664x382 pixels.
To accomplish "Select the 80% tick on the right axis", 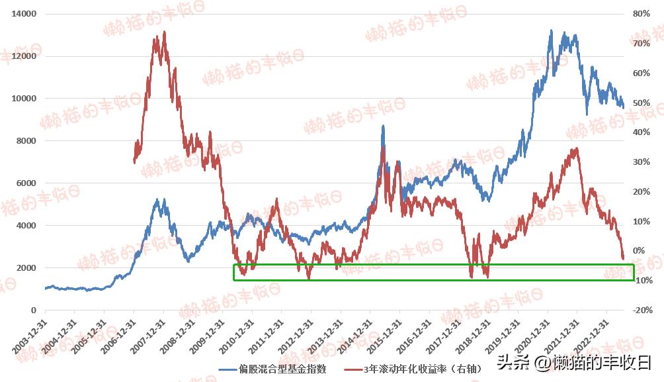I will coord(642,14).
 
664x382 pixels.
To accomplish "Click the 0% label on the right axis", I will coord(640,251).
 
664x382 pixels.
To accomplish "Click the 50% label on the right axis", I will coord(642,103).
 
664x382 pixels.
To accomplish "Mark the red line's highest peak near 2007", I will coord(164,32).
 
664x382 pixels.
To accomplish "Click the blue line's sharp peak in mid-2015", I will coord(383,126).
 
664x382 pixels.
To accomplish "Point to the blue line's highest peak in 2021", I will coord(550,30).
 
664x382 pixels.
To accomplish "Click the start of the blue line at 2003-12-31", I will coord(45,289).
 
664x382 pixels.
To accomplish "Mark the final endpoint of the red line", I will coord(623,259).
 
